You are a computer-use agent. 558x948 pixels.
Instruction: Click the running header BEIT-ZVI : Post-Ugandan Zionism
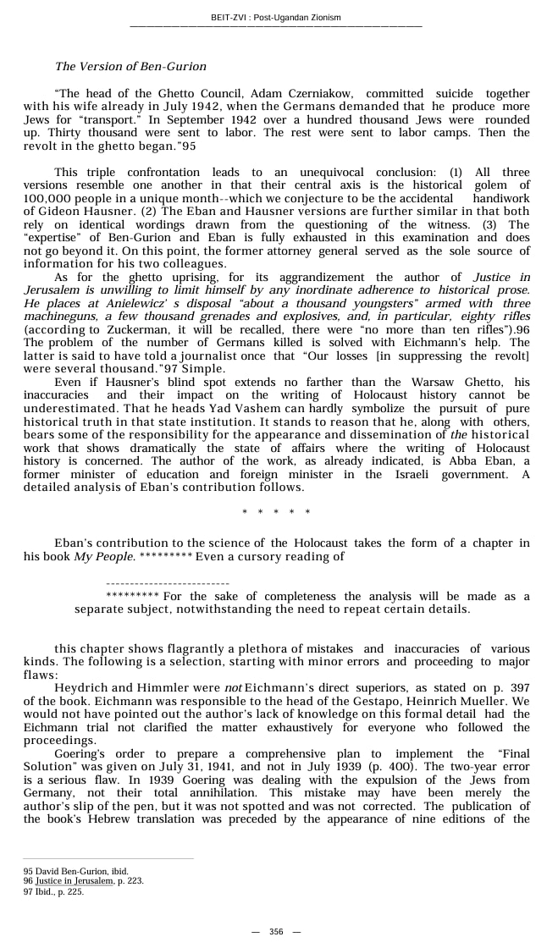276,18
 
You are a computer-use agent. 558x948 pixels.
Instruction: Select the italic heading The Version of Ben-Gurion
130,66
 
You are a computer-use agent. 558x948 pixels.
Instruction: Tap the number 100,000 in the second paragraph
47,198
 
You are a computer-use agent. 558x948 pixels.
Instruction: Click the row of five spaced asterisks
276,513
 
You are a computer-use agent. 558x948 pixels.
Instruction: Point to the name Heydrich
82,688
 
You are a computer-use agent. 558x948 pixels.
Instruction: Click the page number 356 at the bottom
276,932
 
